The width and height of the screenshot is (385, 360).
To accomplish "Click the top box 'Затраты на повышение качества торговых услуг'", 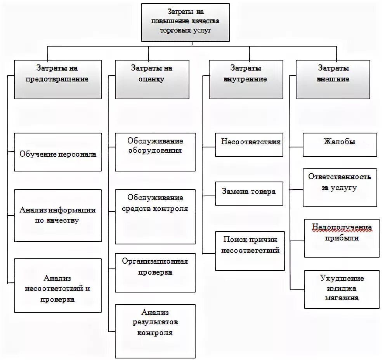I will pos(185,22).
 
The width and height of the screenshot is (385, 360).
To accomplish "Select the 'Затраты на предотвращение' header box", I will pos(57,79).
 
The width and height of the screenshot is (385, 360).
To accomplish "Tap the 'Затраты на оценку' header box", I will pos(152,79).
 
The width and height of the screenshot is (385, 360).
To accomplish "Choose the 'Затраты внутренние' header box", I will pos(246,79).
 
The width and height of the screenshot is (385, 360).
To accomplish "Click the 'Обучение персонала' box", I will pos(57,152).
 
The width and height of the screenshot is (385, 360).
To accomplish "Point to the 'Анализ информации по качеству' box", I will pos(57,216).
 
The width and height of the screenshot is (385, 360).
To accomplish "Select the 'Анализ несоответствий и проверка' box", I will pos(57,286).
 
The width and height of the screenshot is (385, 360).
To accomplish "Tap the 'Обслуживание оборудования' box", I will pos(155,152).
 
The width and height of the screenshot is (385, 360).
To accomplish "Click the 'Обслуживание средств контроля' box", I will pos(155,216).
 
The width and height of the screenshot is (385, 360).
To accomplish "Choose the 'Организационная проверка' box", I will pos(155,272).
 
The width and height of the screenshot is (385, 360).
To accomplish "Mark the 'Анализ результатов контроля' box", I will pos(155,331).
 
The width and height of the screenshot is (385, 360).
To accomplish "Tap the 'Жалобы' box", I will pos(339,144).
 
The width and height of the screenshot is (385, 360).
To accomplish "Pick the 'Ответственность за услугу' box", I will pos(340,187).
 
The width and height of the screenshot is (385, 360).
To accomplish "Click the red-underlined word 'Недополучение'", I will pos(342,227).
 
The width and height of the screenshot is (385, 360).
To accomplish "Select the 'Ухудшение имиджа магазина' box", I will pos(342,289).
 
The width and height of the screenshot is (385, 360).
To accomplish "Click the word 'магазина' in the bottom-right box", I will pos(342,298).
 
